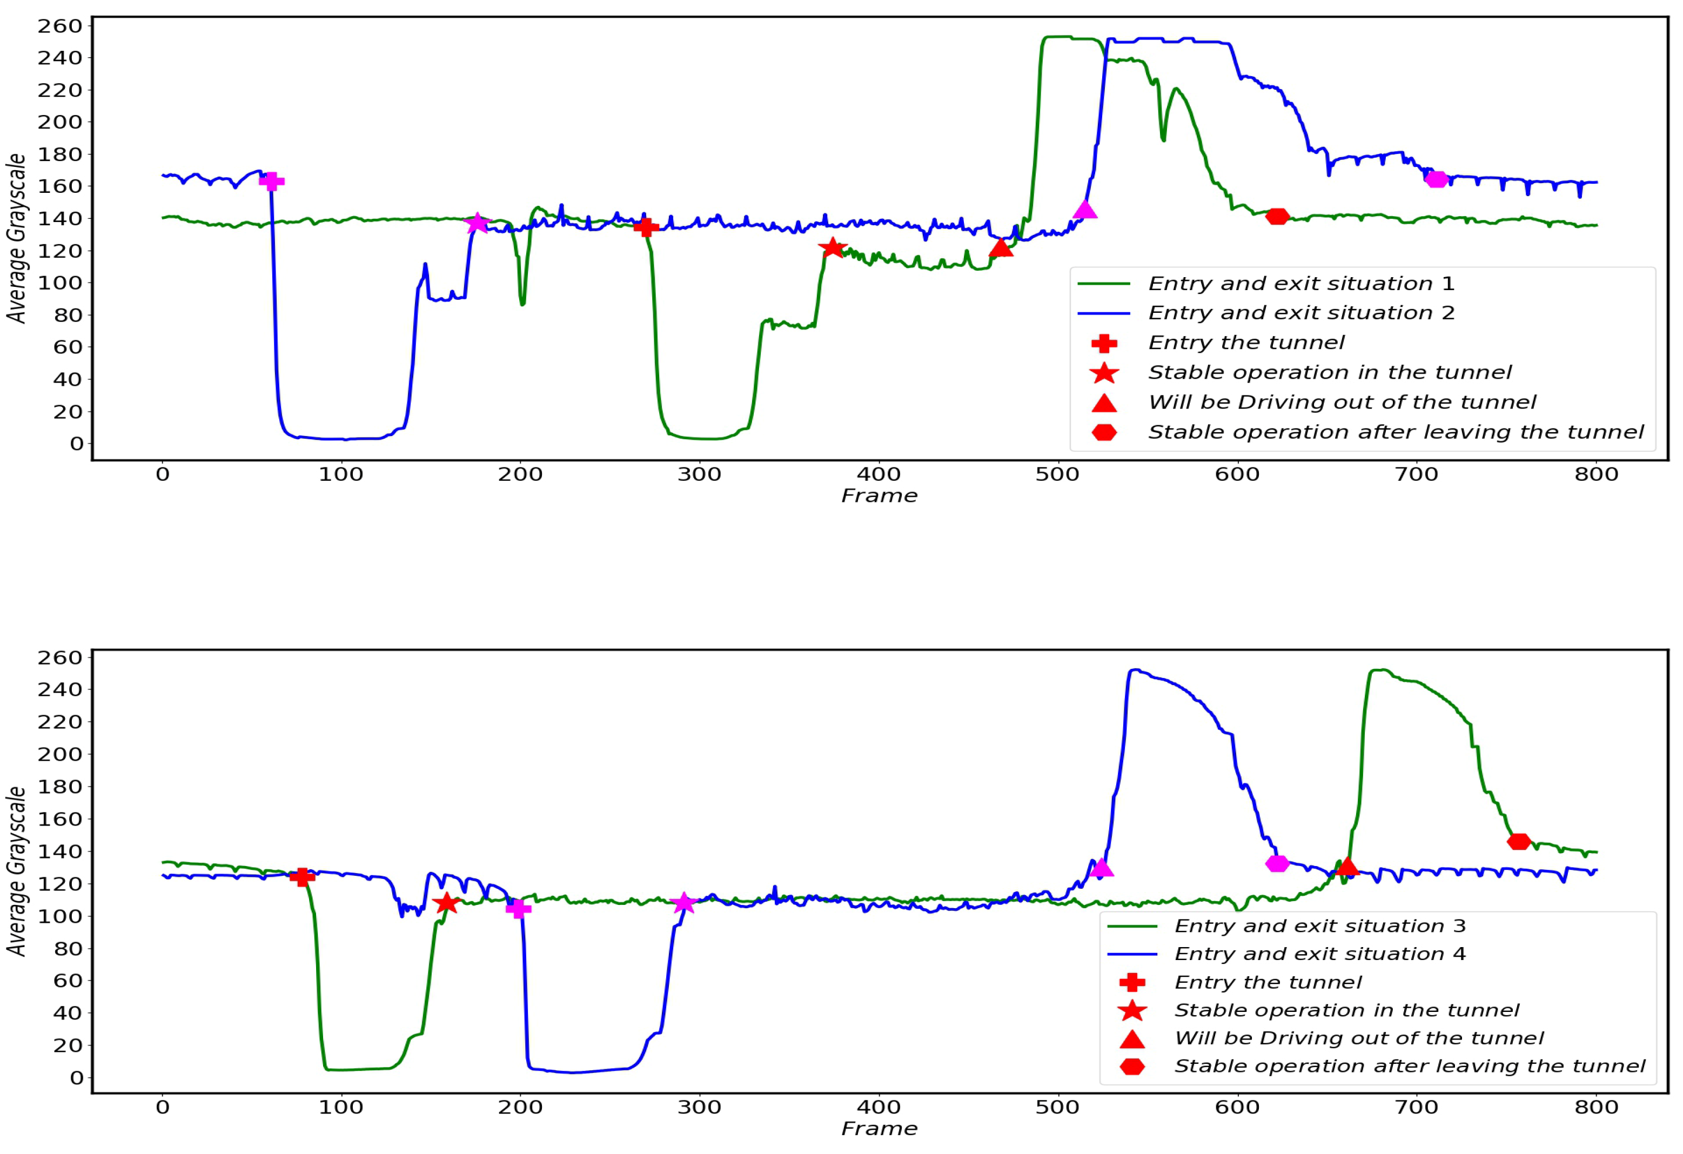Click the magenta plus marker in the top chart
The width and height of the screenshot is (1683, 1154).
(272, 181)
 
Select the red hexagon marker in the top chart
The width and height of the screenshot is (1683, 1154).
(1277, 217)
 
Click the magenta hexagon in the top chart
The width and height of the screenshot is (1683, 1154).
(1436, 179)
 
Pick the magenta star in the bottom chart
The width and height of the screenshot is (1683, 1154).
(683, 903)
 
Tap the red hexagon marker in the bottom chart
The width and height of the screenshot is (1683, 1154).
(1519, 842)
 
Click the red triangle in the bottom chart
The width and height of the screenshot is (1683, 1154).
(1346, 867)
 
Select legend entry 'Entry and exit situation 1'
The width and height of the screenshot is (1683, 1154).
(1300, 284)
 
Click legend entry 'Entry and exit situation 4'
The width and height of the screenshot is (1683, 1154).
(1319, 954)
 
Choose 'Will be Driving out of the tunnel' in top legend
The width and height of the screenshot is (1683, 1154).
(1341, 402)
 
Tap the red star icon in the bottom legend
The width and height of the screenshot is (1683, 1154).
(1132, 1011)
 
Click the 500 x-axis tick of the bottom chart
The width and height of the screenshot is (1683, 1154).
(1058, 1107)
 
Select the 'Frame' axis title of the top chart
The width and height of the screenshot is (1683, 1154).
(879, 496)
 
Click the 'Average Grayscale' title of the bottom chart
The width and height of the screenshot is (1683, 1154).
(16, 871)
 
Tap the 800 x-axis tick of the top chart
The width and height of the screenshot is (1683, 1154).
(1596, 475)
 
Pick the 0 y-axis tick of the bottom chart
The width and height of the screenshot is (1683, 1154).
(76, 1078)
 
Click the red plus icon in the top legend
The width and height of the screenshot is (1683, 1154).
(1104, 343)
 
